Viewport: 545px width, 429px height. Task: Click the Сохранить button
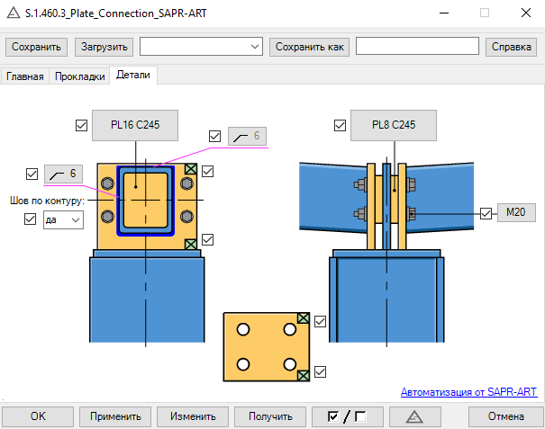point(36,47)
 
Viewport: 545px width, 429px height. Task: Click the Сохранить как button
point(309,47)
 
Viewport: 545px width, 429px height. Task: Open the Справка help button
point(511,47)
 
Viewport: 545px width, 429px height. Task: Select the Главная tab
point(25,76)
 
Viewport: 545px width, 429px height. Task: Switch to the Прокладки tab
point(80,76)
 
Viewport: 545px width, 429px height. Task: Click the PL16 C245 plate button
point(135,125)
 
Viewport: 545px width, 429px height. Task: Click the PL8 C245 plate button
point(394,125)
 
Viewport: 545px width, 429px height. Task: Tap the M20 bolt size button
point(516,212)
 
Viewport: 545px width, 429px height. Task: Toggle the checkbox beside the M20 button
point(486,213)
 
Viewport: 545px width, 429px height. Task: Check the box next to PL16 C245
point(81,125)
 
